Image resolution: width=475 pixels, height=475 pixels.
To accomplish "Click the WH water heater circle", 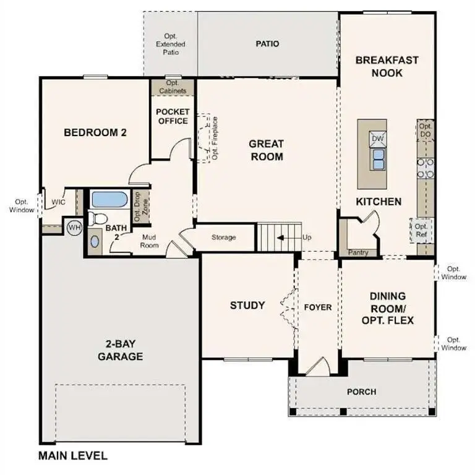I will click(x=74, y=228).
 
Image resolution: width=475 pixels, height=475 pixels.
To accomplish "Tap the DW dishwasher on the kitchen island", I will click(x=377, y=138).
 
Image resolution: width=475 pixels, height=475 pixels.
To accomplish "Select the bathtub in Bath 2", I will click(x=109, y=200).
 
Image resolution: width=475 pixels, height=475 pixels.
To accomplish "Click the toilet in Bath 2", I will click(x=96, y=218).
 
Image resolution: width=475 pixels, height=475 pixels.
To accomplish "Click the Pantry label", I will click(x=358, y=252).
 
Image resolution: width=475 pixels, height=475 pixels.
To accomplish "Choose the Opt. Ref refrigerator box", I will click(x=422, y=231).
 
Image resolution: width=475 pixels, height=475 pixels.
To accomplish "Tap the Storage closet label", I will click(x=224, y=237).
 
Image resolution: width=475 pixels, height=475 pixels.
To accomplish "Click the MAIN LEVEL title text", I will click(x=73, y=456).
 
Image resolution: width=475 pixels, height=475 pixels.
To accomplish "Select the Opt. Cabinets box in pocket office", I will click(x=173, y=87).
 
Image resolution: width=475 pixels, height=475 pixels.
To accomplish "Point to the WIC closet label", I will click(x=58, y=202).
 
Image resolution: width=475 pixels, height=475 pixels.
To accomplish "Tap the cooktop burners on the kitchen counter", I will click(x=426, y=168).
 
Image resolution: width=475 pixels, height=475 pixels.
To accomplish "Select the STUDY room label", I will click(x=247, y=306).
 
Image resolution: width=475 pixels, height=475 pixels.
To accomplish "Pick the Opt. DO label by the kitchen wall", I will click(x=426, y=130).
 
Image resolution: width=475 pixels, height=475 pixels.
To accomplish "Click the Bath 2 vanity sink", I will click(x=94, y=241).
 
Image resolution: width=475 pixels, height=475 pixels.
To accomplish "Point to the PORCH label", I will click(x=361, y=392).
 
